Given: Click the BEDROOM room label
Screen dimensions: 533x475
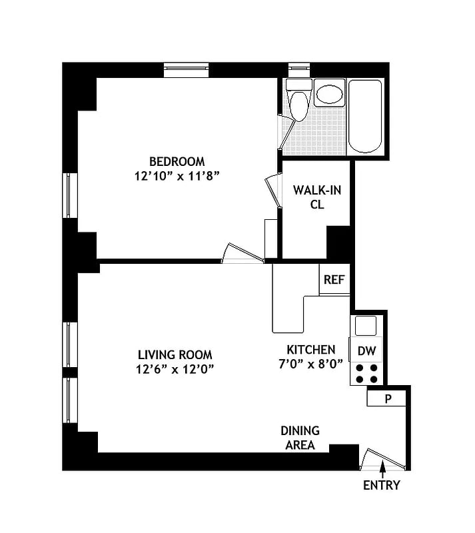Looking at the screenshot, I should [x=177, y=161].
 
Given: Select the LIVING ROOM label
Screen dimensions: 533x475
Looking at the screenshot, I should [x=175, y=355].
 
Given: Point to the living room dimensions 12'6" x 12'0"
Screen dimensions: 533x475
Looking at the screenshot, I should [x=175, y=369].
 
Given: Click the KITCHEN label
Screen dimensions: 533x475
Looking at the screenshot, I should [x=310, y=350].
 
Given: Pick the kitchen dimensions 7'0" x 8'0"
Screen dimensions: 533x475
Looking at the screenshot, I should [x=310, y=364].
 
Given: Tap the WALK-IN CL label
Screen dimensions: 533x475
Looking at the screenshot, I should [x=317, y=197].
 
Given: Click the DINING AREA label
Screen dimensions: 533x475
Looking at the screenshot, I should [x=300, y=438].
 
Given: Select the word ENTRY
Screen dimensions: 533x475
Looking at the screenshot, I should [x=382, y=486].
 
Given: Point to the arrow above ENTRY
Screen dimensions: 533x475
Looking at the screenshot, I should [x=382, y=471].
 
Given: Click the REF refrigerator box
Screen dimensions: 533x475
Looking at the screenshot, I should [x=334, y=280].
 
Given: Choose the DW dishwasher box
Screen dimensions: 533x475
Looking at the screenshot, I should [x=366, y=351].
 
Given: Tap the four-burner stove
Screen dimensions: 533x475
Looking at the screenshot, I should [x=366, y=374].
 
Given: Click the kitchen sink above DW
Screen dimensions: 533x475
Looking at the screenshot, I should [x=366, y=326].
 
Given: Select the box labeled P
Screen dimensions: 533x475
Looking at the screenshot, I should [x=387, y=398].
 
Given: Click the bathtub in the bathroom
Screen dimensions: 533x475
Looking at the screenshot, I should [x=366, y=117].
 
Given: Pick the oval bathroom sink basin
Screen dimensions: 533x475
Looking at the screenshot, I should [x=330, y=93].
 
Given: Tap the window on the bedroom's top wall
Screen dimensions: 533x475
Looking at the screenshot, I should [x=188, y=69].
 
